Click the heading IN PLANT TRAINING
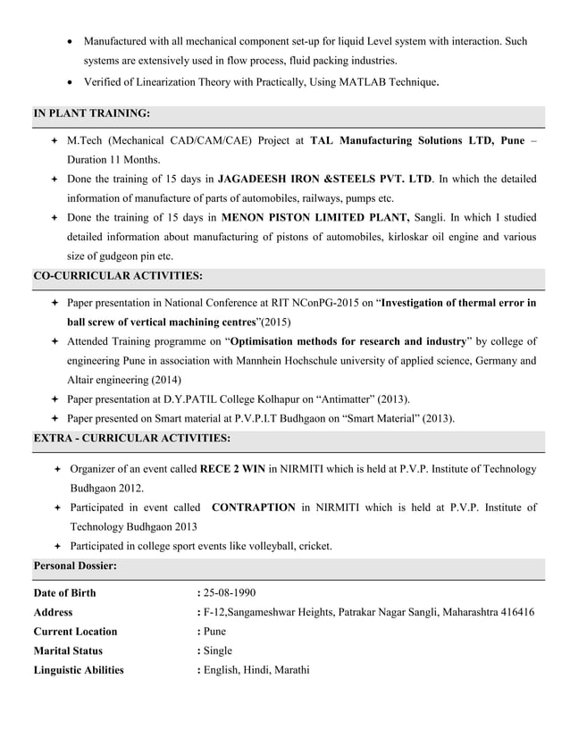click(91, 113)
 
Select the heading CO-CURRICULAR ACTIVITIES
click(118, 276)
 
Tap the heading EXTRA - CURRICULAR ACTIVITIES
click(131, 438)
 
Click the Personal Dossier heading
click(75, 566)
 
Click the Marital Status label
click(68, 650)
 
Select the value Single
click(217, 650)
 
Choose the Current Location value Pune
click(214, 632)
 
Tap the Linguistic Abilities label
click(79, 670)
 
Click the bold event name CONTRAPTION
click(253, 507)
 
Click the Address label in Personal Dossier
click(54, 613)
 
